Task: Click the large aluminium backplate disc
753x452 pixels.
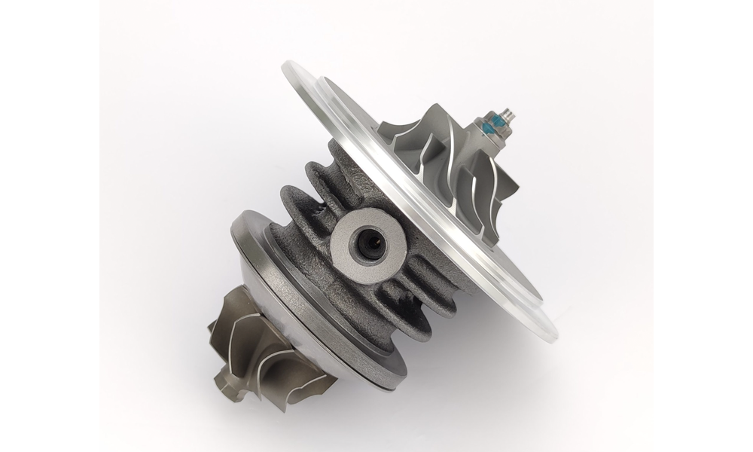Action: (422, 196)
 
